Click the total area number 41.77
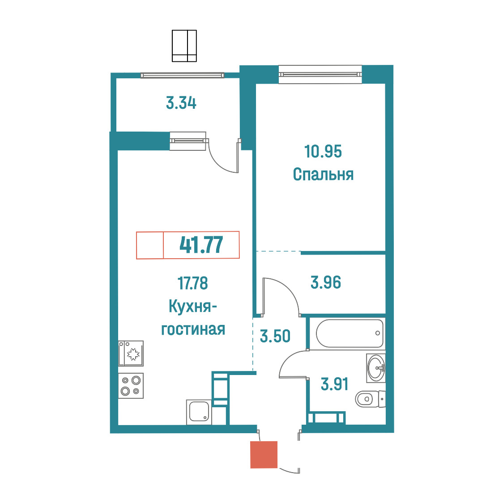point(201,245)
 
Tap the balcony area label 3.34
point(181,103)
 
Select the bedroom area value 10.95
point(323,151)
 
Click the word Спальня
point(324,175)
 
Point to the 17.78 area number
point(193,283)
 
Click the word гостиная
point(193,329)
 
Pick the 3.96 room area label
point(326,283)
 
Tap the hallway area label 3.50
point(275,336)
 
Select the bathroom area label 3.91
point(335,384)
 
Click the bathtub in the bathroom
point(350,333)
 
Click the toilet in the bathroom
point(370,399)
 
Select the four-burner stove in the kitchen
point(131,386)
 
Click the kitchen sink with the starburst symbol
point(131,354)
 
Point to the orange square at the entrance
point(264,455)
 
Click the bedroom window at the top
point(320,74)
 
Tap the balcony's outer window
point(182,75)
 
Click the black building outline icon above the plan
point(184,46)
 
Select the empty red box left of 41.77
point(150,245)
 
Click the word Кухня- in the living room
point(193,307)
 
